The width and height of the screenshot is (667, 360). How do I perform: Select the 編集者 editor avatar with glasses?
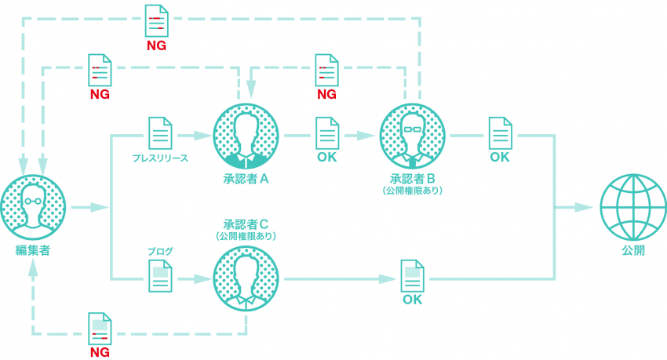click(33, 206)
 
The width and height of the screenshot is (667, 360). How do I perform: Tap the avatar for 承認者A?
click(246, 135)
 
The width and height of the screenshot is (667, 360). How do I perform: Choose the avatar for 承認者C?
click(246, 278)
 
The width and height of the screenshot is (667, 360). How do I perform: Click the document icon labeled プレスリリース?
click(160, 133)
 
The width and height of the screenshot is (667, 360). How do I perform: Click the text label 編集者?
click(33, 251)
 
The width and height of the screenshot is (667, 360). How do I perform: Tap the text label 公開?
click(632, 251)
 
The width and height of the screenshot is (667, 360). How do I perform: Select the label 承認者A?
click(246, 179)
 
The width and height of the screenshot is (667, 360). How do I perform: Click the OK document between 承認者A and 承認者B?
click(326, 133)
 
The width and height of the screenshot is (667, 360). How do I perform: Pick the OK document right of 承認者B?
click(500, 133)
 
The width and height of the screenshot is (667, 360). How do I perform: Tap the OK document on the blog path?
click(413, 277)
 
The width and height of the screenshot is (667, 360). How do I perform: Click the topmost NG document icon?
click(156, 20)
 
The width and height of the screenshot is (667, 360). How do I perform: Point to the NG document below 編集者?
click(100, 329)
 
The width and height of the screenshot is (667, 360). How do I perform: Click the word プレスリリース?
click(160, 158)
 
